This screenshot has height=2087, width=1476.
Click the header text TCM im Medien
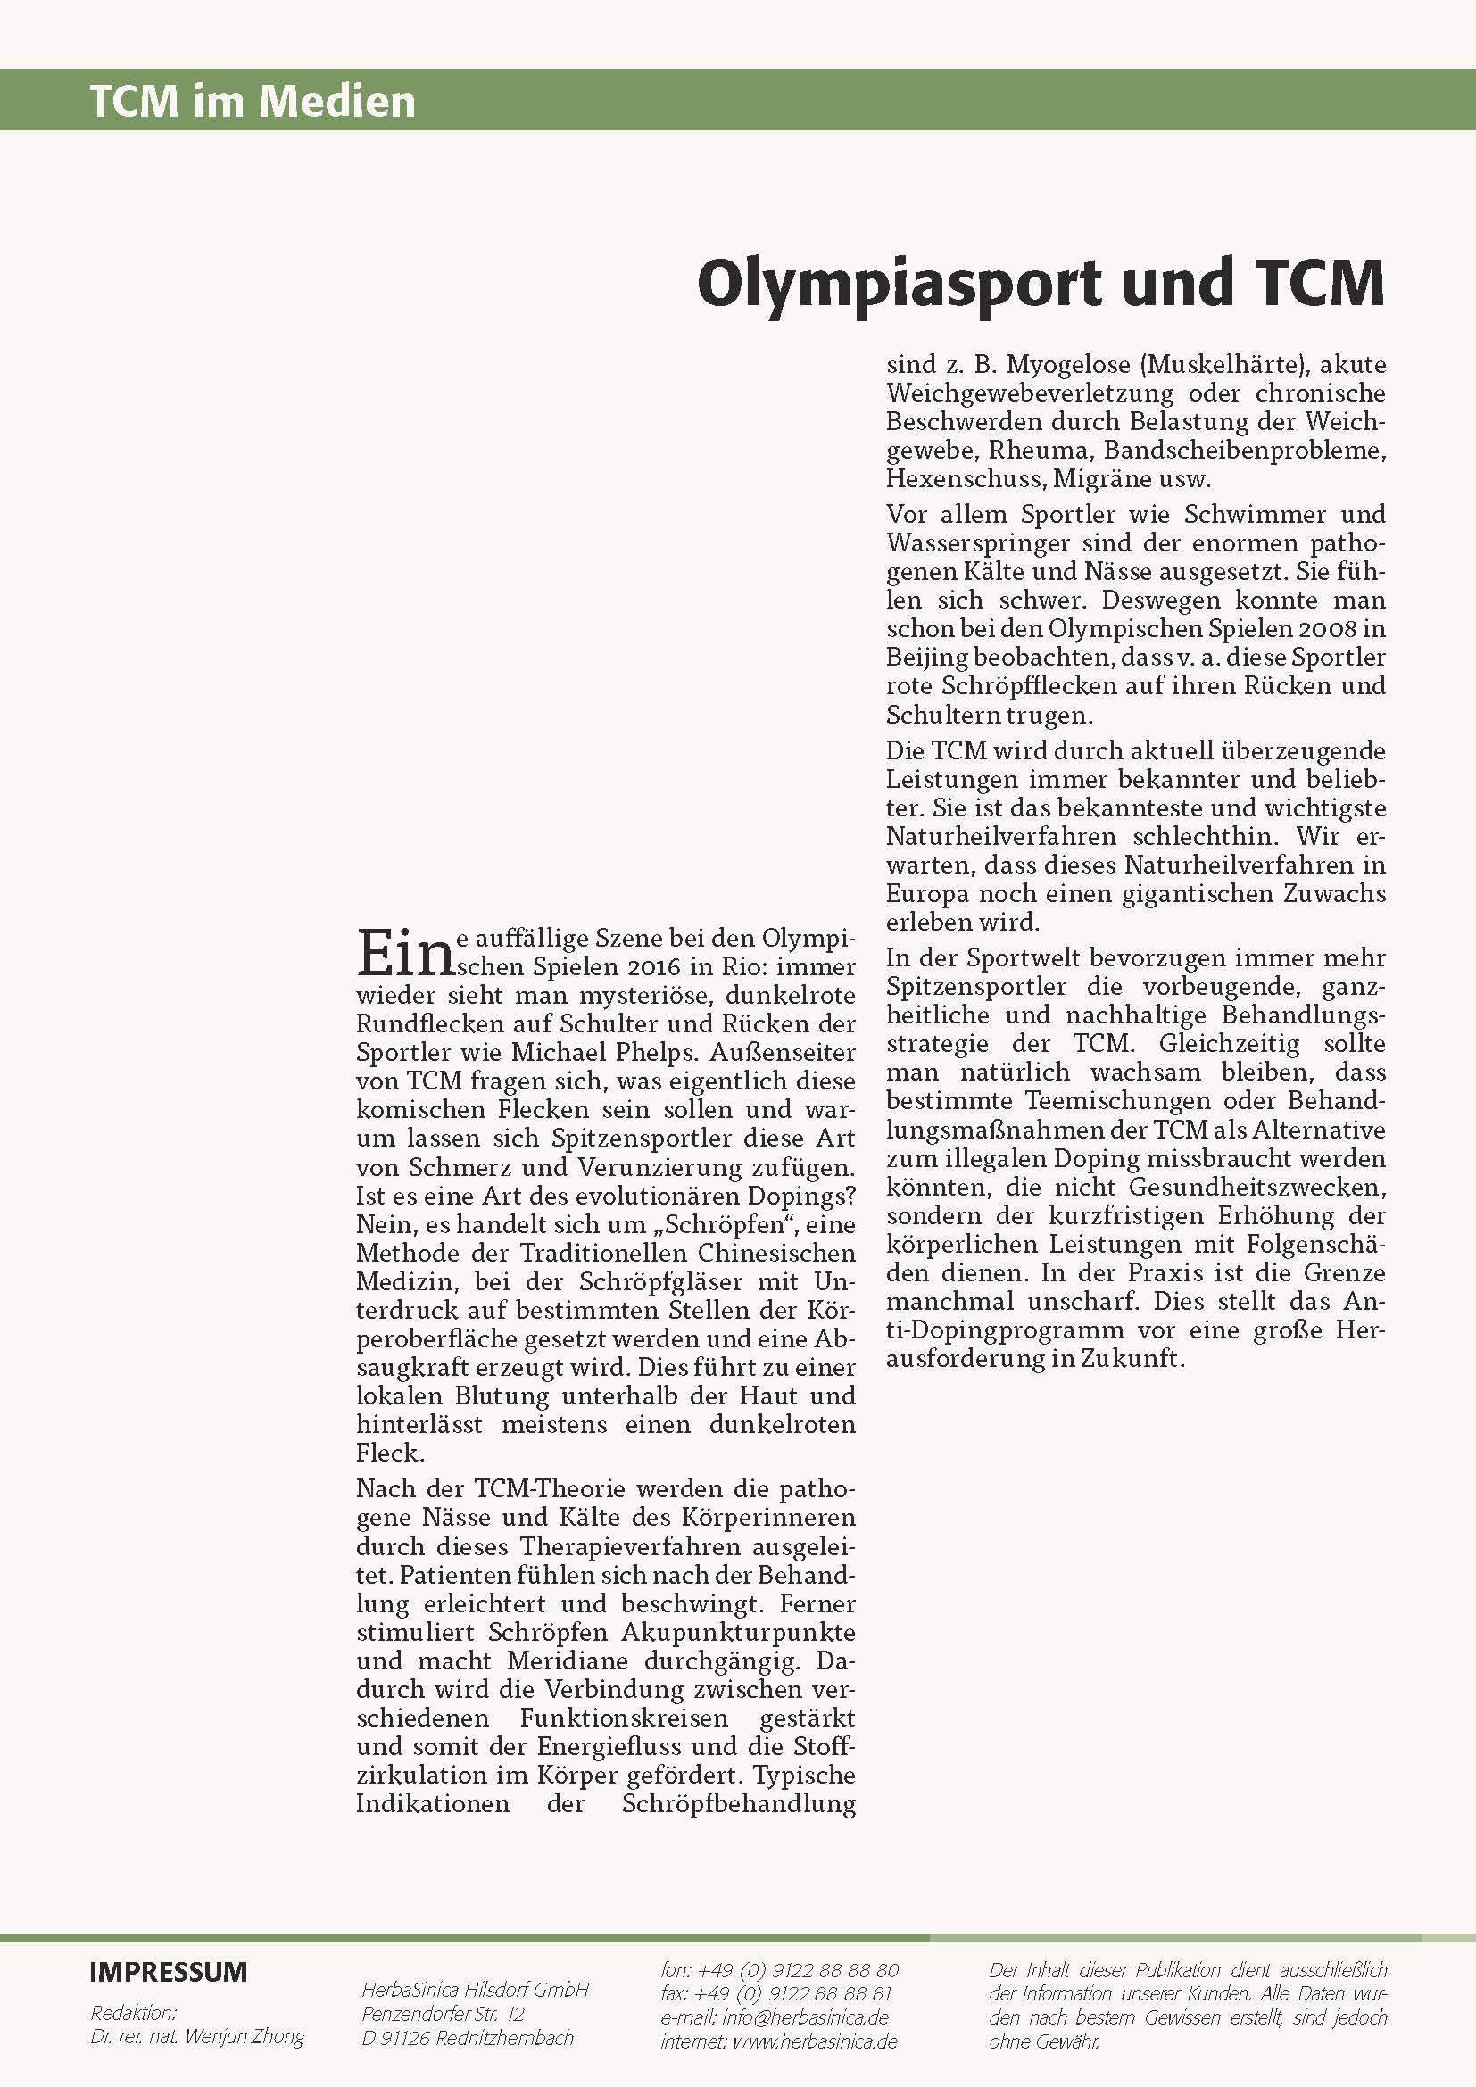pyautogui.click(x=252, y=101)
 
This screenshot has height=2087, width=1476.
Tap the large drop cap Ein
pyautogui.click(x=403, y=952)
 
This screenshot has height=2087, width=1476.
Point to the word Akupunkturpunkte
pyautogui.click(x=738, y=1632)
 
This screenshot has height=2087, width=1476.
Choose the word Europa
pyautogui.click(x=927, y=893)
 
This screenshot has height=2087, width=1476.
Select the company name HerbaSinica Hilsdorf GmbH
pyautogui.click(x=476, y=1989)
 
